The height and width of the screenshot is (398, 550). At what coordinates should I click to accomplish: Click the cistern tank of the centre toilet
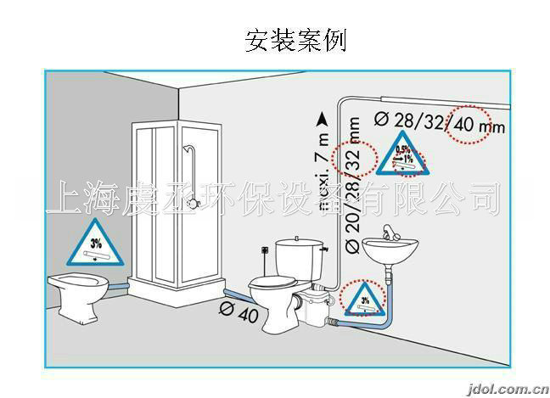click(x=300, y=254)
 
